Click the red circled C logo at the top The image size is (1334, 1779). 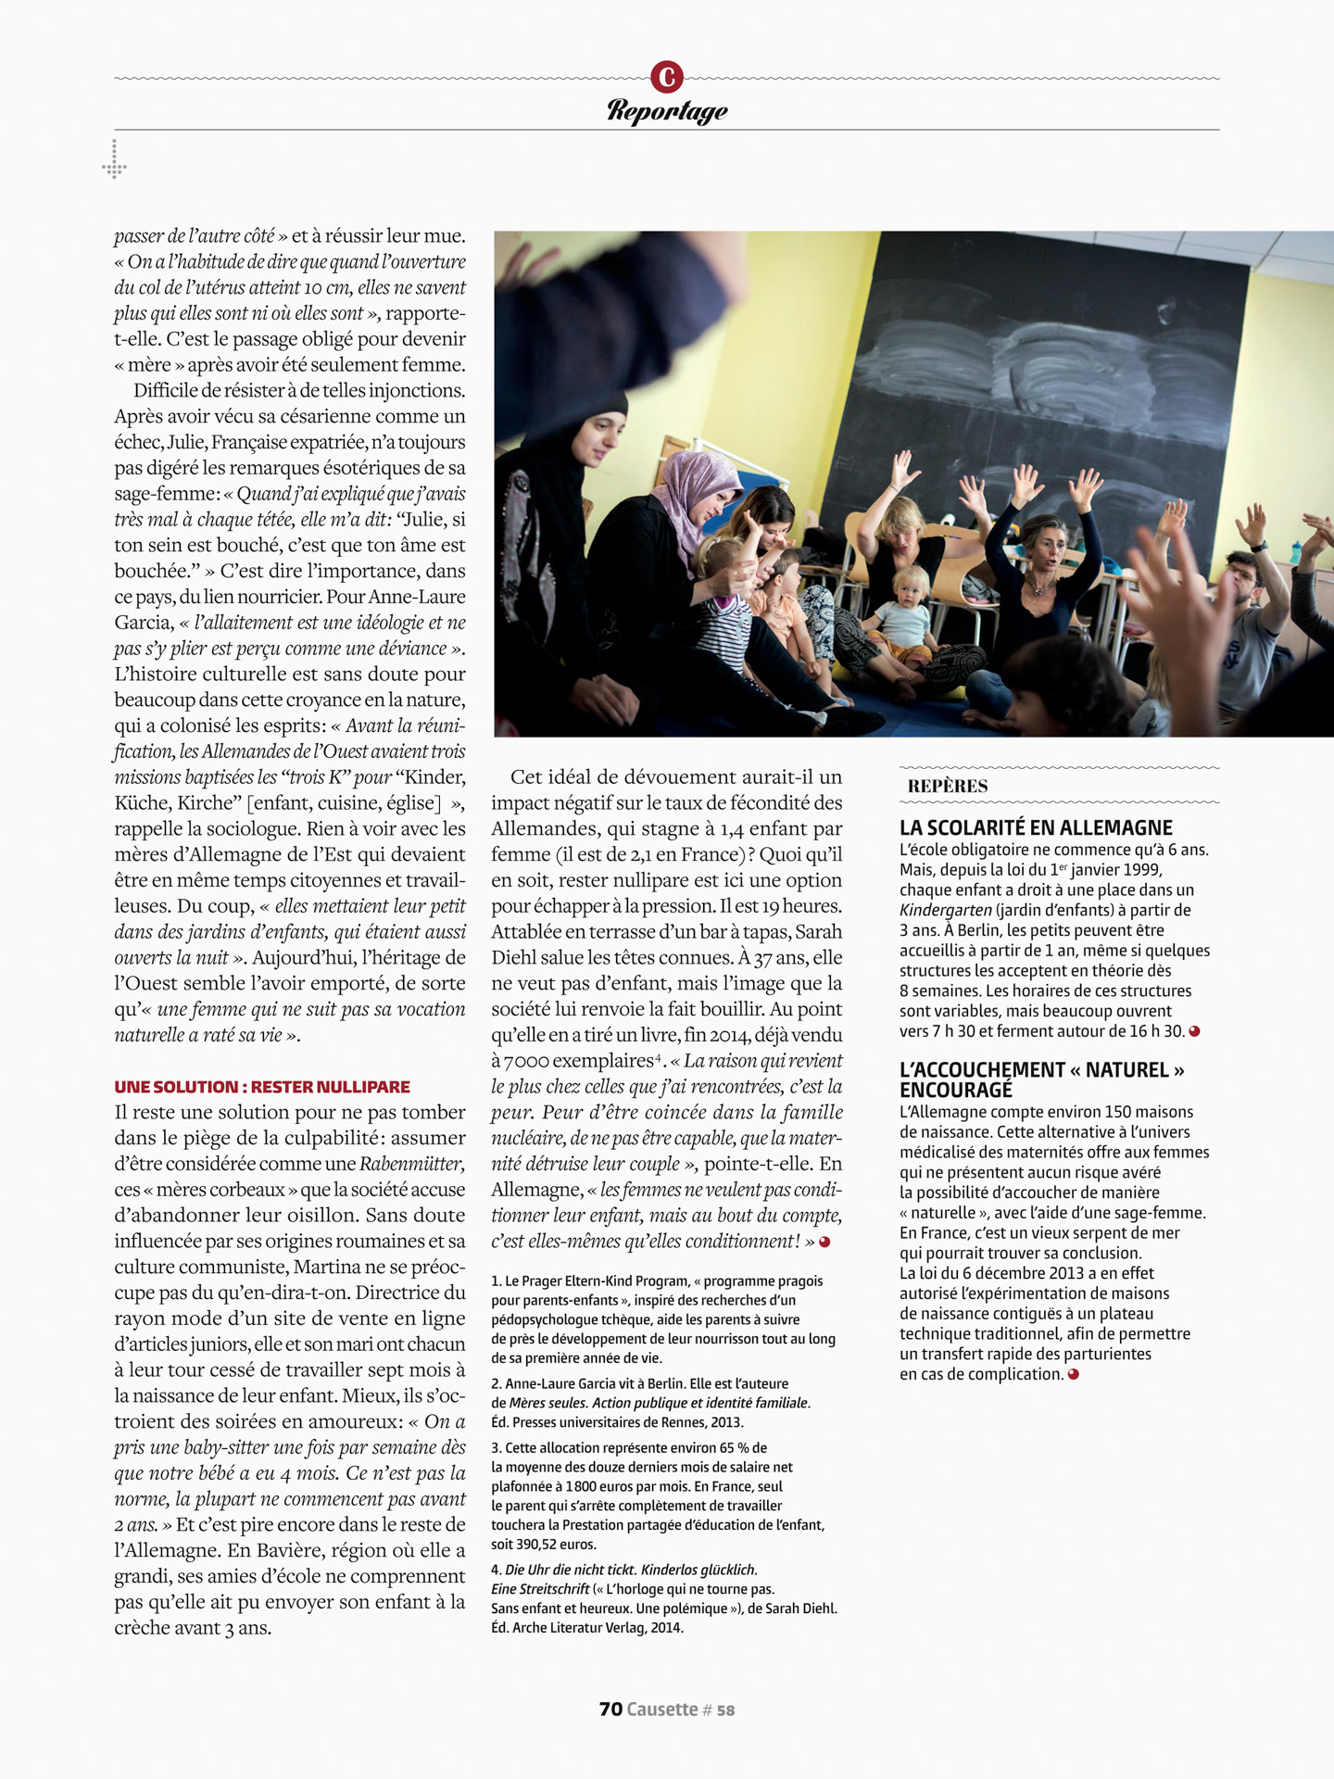coord(667,77)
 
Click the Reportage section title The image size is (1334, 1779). coord(667,110)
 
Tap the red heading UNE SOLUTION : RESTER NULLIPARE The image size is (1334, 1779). coord(262,1087)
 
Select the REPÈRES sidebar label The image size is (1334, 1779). coord(948,787)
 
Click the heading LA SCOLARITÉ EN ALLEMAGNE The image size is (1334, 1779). coord(1036,827)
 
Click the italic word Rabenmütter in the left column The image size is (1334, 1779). coord(411,1164)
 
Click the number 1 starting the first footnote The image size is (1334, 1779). coord(496,1281)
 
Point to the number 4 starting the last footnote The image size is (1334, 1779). coord(496,1570)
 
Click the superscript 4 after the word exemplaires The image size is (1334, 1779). coord(659,1056)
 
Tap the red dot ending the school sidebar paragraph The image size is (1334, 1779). coord(1195,1031)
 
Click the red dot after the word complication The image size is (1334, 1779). coord(1074,1374)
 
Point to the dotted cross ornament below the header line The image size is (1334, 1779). coord(114,161)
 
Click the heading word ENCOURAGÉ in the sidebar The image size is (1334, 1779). coord(956,1091)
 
